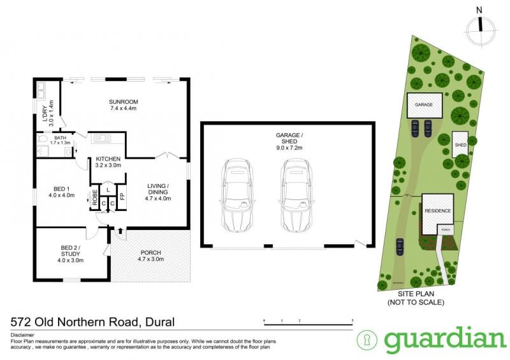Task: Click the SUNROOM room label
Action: tap(123, 102)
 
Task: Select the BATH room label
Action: tap(61, 138)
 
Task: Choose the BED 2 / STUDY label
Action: tap(71, 247)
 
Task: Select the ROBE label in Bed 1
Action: tap(94, 197)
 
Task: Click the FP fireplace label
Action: tap(122, 197)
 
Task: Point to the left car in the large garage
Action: tap(235, 196)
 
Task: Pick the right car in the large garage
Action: tap(295, 196)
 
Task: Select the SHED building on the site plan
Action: tap(460, 145)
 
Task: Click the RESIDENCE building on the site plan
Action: tap(437, 211)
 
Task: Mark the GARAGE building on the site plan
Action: tap(424, 104)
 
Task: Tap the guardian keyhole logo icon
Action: tap(367, 340)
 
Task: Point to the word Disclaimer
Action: tap(23, 335)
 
